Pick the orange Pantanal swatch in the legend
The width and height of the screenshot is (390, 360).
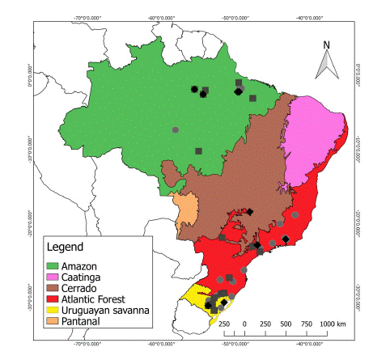pos(53,320)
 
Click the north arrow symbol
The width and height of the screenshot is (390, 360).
pos(326,61)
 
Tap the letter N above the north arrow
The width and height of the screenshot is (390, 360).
pos(326,44)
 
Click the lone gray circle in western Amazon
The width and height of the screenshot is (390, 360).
pos(175,129)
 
